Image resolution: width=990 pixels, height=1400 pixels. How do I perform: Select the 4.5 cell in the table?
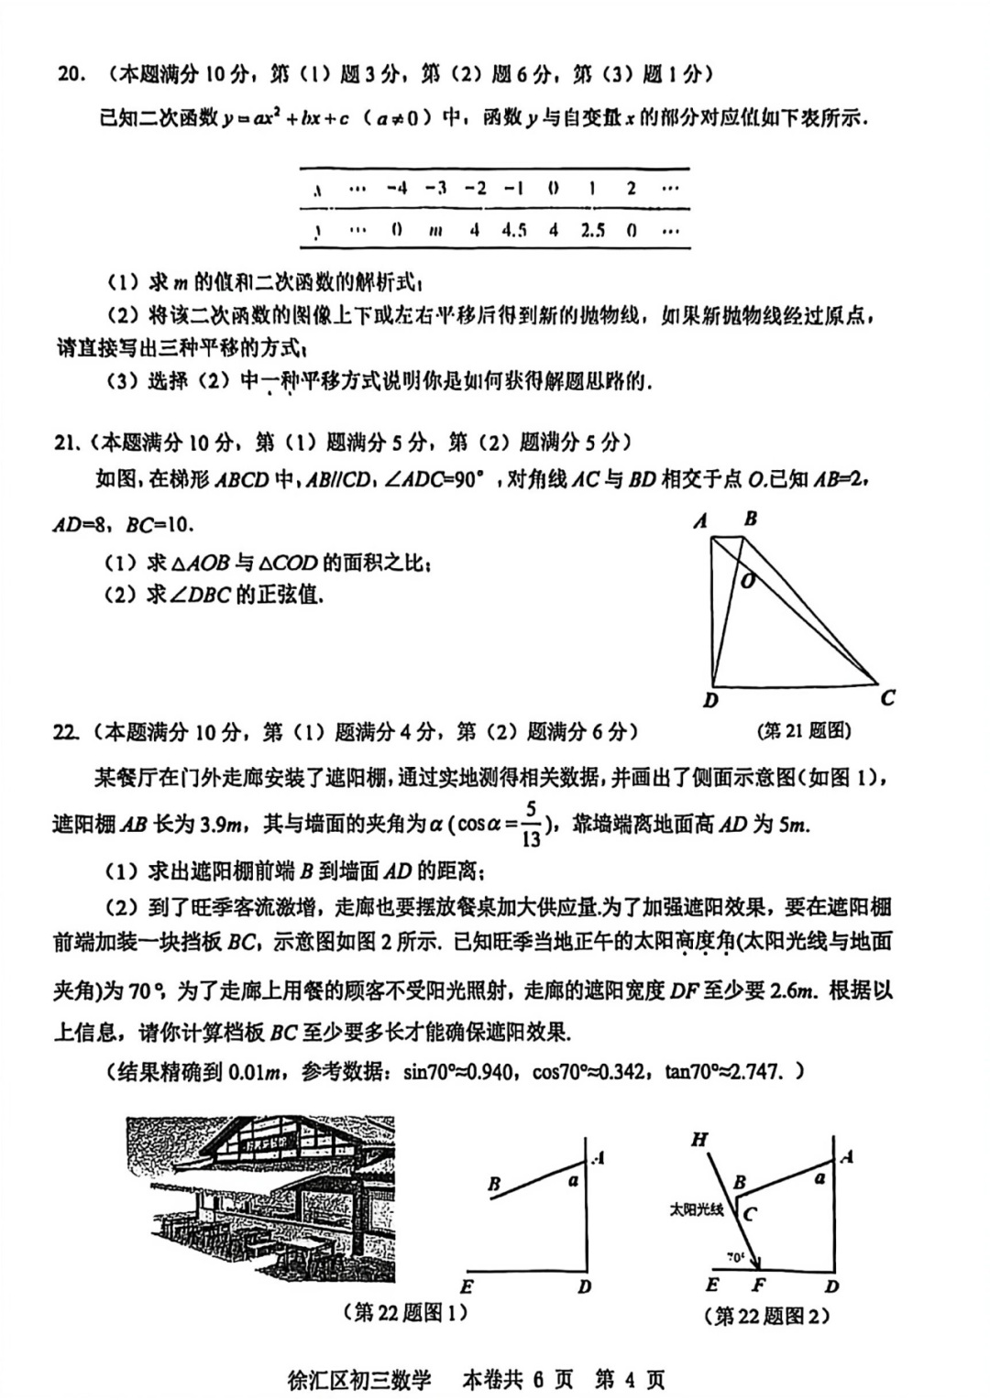(514, 231)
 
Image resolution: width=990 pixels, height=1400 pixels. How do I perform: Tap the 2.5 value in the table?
(592, 231)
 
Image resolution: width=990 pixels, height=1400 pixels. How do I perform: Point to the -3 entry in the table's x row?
(435, 188)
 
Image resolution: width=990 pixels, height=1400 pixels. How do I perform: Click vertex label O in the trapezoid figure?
(748, 580)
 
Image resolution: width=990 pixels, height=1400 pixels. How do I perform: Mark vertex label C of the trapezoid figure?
(887, 698)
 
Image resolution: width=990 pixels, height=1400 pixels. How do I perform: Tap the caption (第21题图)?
(806, 730)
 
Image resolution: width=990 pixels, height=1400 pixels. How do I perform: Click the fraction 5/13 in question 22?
(532, 825)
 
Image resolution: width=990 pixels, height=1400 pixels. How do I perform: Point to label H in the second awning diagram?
(699, 1140)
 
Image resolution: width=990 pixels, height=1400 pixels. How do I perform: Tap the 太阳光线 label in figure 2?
(696, 1209)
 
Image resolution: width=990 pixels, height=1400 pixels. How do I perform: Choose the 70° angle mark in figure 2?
(735, 1257)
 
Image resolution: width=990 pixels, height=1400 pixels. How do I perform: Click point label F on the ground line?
(758, 1285)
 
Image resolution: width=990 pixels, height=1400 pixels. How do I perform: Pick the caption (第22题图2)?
(766, 1316)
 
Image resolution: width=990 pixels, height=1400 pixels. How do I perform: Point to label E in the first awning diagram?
(467, 1285)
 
